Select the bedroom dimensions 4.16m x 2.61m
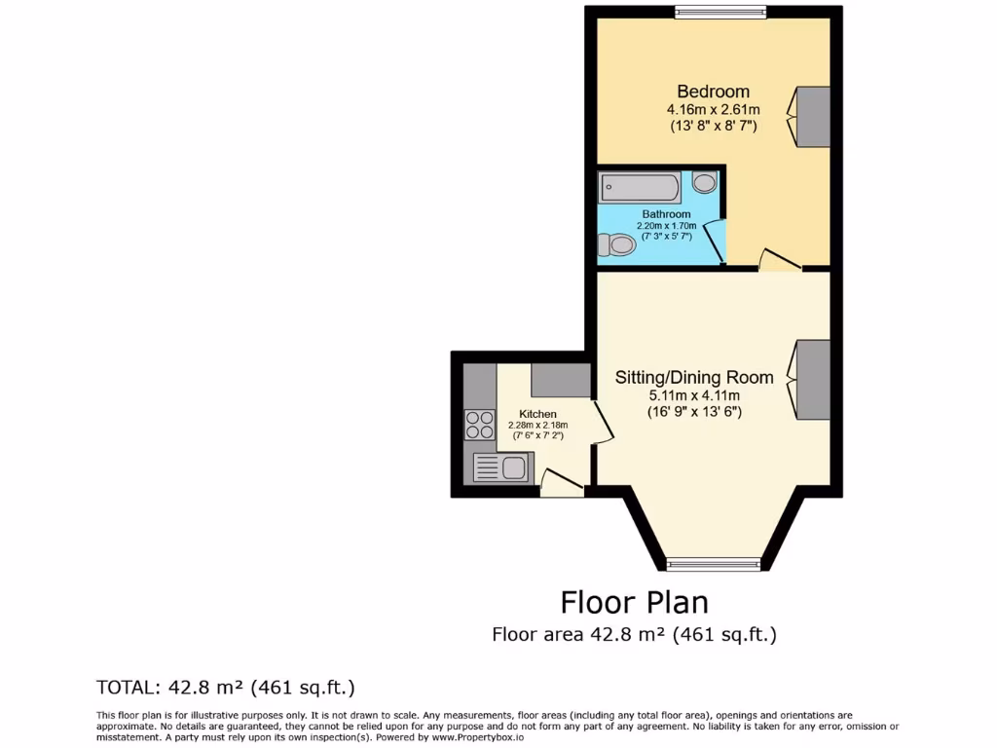tap(714, 109)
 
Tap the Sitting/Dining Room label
tap(694, 377)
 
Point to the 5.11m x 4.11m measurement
tap(694, 395)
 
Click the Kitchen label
tap(537, 414)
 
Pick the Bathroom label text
tap(666, 214)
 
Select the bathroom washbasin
tap(705, 182)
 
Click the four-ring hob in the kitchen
tap(479, 425)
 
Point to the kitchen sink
tap(500, 468)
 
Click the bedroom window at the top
tap(720, 12)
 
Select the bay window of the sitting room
tap(713, 563)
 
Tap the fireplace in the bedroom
tap(812, 116)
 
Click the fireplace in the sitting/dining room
tap(812, 380)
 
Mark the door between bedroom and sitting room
tap(780, 260)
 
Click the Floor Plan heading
tap(634, 601)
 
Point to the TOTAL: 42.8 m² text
tap(225, 688)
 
